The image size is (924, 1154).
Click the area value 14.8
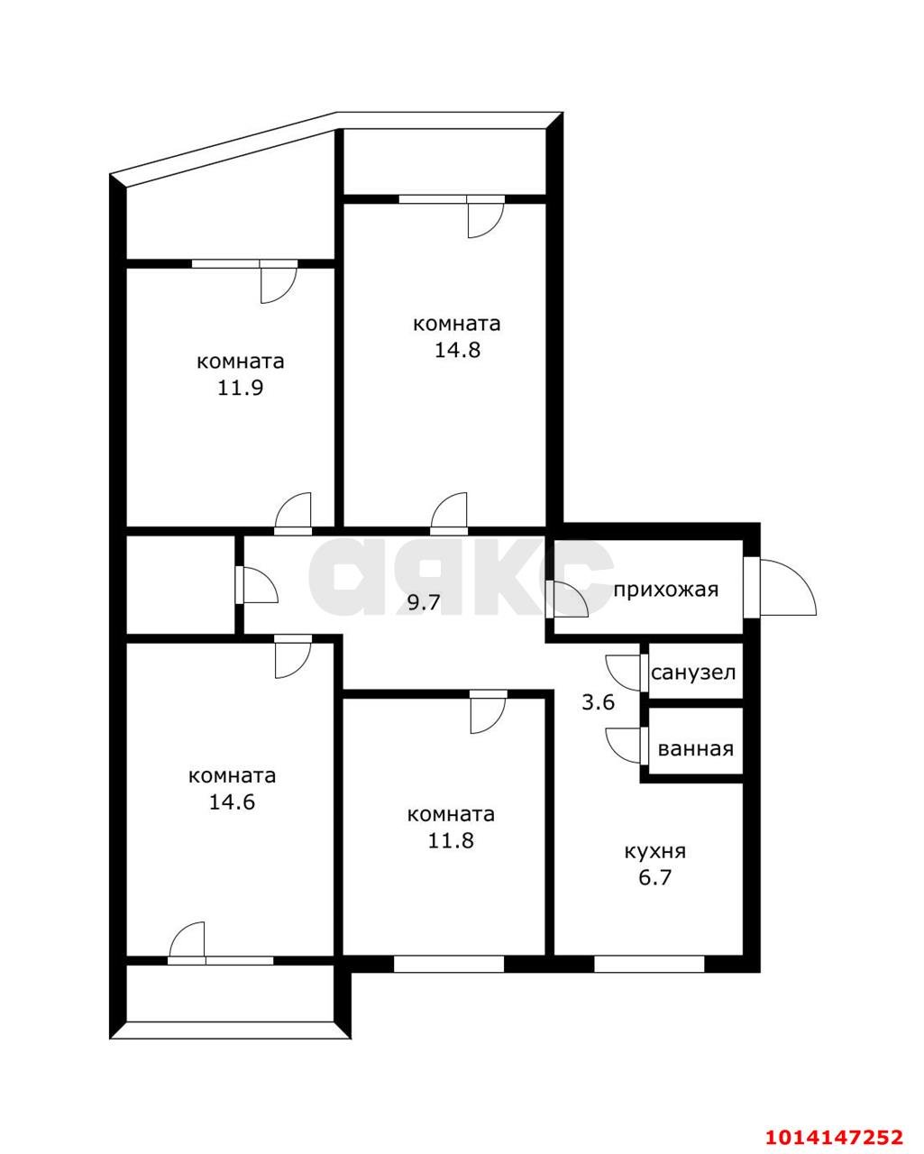pyautogui.click(x=457, y=350)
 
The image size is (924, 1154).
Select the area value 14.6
pyautogui.click(x=233, y=801)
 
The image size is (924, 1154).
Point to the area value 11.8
pyautogui.click(x=452, y=840)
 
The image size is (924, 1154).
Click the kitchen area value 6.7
pyautogui.click(x=655, y=877)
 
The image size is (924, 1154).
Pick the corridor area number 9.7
pyautogui.click(x=424, y=603)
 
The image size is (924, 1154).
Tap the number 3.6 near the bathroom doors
pyautogui.click(x=598, y=702)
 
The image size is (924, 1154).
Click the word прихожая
pyautogui.click(x=666, y=590)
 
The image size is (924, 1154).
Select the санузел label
pyautogui.click(x=693, y=673)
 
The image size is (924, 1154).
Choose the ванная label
pyautogui.click(x=695, y=748)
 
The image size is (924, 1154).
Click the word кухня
pyautogui.click(x=655, y=851)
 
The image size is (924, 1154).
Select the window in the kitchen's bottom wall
pyautogui.click(x=648, y=963)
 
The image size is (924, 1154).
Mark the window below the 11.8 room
pyautogui.click(x=448, y=963)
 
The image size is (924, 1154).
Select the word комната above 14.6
pyautogui.click(x=233, y=775)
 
